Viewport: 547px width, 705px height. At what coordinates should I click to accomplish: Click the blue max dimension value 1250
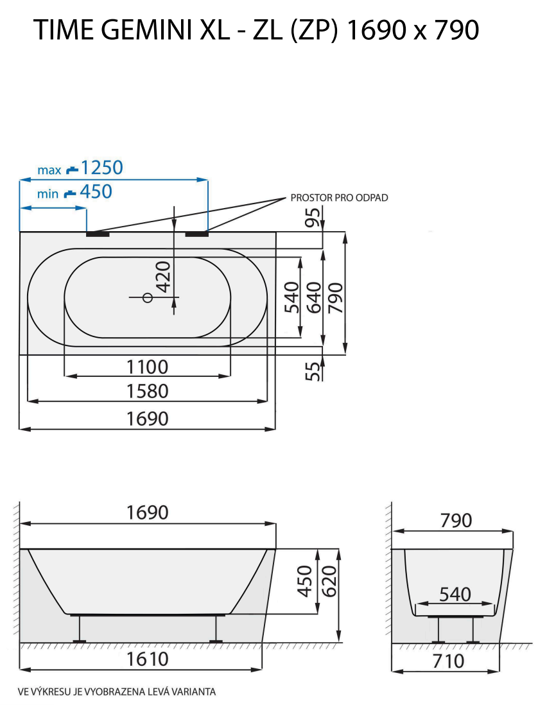pyautogui.click(x=101, y=168)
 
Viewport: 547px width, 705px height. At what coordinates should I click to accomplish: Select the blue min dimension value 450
pyautogui.click(x=95, y=191)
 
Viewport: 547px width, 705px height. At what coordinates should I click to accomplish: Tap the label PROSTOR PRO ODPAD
pyautogui.click(x=339, y=198)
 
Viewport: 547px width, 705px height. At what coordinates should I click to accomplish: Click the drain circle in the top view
pyautogui.click(x=147, y=297)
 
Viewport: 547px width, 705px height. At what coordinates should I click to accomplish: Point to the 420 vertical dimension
pyautogui.click(x=164, y=276)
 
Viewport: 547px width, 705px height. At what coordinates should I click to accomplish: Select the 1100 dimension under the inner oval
pyautogui.click(x=147, y=367)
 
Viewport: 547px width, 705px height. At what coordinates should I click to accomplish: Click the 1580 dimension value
pyautogui.click(x=147, y=390)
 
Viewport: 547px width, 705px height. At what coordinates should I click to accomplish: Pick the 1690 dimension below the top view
pyautogui.click(x=147, y=418)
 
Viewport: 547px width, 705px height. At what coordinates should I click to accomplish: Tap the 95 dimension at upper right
pyautogui.click(x=313, y=218)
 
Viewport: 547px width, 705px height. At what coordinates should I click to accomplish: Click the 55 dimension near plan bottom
pyautogui.click(x=313, y=370)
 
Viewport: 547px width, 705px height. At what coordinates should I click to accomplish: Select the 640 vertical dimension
pyautogui.click(x=313, y=297)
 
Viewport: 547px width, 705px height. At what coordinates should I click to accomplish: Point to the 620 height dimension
pyautogui.click(x=328, y=581)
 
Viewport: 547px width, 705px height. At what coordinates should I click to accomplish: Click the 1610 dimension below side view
pyautogui.click(x=147, y=659)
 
